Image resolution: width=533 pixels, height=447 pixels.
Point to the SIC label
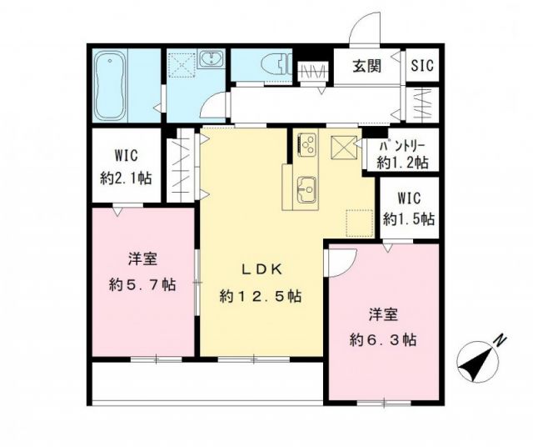[421, 66]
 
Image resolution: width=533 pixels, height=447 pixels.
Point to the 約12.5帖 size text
[260, 296]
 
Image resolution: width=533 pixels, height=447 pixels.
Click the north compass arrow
[477, 359]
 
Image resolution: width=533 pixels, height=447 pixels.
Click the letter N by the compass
[499, 340]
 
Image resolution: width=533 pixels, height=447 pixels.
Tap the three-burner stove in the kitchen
[305, 146]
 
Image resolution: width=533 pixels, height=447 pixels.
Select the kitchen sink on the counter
[305, 189]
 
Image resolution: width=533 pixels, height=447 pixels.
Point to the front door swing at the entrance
[364, 33]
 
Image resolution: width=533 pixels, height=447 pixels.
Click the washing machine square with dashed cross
[181, 66]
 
